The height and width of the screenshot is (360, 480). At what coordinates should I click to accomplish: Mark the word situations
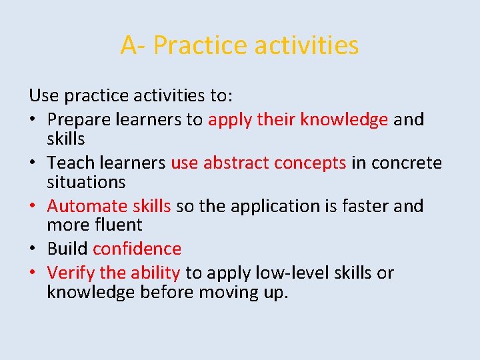click(86, 181)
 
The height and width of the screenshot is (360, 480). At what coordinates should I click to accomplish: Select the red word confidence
click(137, 249)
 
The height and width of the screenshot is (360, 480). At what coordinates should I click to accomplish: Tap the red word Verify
click(71, 273)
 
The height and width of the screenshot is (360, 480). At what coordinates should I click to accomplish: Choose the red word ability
click(155, 273)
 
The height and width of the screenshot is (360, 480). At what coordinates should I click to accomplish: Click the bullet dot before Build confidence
click(33, 249)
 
